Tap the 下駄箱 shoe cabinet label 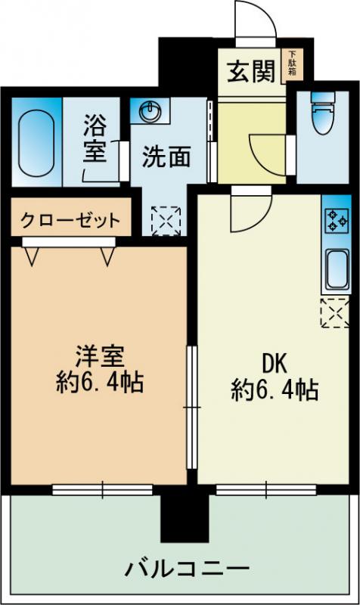[x=291, y=64]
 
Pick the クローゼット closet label [x=69, y=221]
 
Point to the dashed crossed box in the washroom [x=162, y=220]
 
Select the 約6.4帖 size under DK [x=274, y=390]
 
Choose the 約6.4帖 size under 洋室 [x=99, y=382]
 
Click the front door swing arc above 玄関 [x=257, y=23]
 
